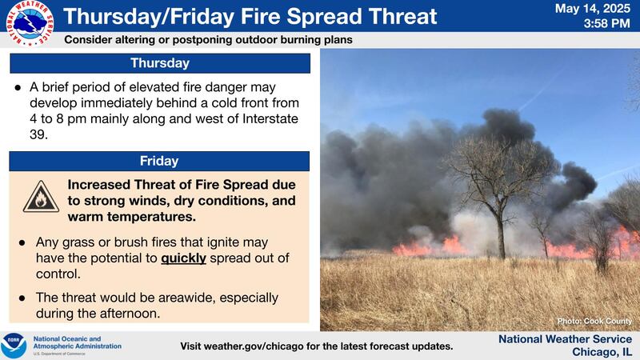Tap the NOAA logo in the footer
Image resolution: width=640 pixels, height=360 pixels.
14,346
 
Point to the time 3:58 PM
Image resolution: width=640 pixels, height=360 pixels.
606,25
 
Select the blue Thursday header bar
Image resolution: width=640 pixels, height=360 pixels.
159,62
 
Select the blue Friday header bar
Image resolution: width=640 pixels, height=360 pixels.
159,161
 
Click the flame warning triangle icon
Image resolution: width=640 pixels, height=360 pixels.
40,197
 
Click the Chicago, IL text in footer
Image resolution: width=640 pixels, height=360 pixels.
602,352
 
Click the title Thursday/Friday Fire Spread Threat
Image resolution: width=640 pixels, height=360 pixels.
250,16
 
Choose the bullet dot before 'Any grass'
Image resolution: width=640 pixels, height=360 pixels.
19,241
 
